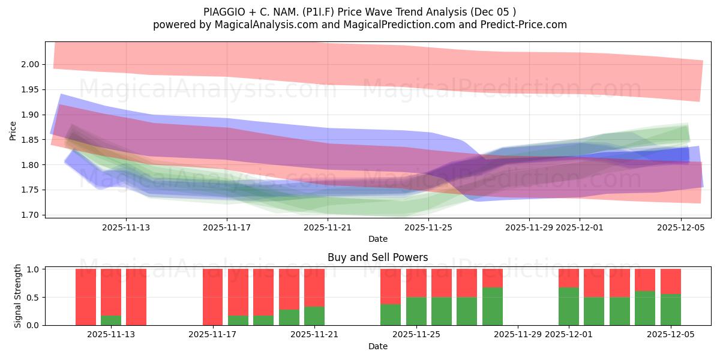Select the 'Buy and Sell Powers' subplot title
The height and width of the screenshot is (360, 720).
377,257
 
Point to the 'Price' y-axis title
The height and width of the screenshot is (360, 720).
13,130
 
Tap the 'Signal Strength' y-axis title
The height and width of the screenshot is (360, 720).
18,296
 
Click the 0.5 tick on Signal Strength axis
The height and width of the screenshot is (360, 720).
33,298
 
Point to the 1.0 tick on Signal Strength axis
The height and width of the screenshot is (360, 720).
33,269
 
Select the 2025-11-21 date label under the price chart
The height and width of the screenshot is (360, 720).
328,227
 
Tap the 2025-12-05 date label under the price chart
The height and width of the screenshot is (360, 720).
680,227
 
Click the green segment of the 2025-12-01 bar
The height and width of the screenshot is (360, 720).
569,306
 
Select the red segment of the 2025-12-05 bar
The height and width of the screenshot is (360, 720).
671,281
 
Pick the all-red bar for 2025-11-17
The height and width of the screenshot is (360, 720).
213,297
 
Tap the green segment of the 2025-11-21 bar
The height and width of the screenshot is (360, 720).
314,316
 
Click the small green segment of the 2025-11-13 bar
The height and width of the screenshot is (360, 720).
111,320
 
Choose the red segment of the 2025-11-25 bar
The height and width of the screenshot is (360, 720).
416,283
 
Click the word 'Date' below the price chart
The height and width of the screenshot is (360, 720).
377,239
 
